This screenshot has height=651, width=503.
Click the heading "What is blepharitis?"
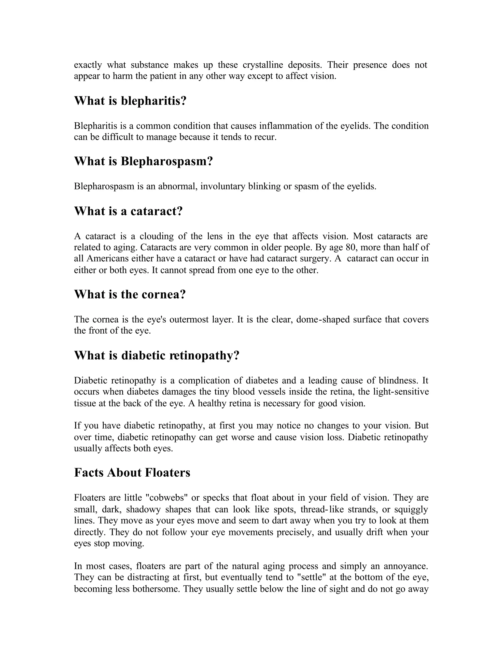click(130, 101)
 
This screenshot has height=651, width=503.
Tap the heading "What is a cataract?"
click(128, 211)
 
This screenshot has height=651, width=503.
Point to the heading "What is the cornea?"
click(130, 295)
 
